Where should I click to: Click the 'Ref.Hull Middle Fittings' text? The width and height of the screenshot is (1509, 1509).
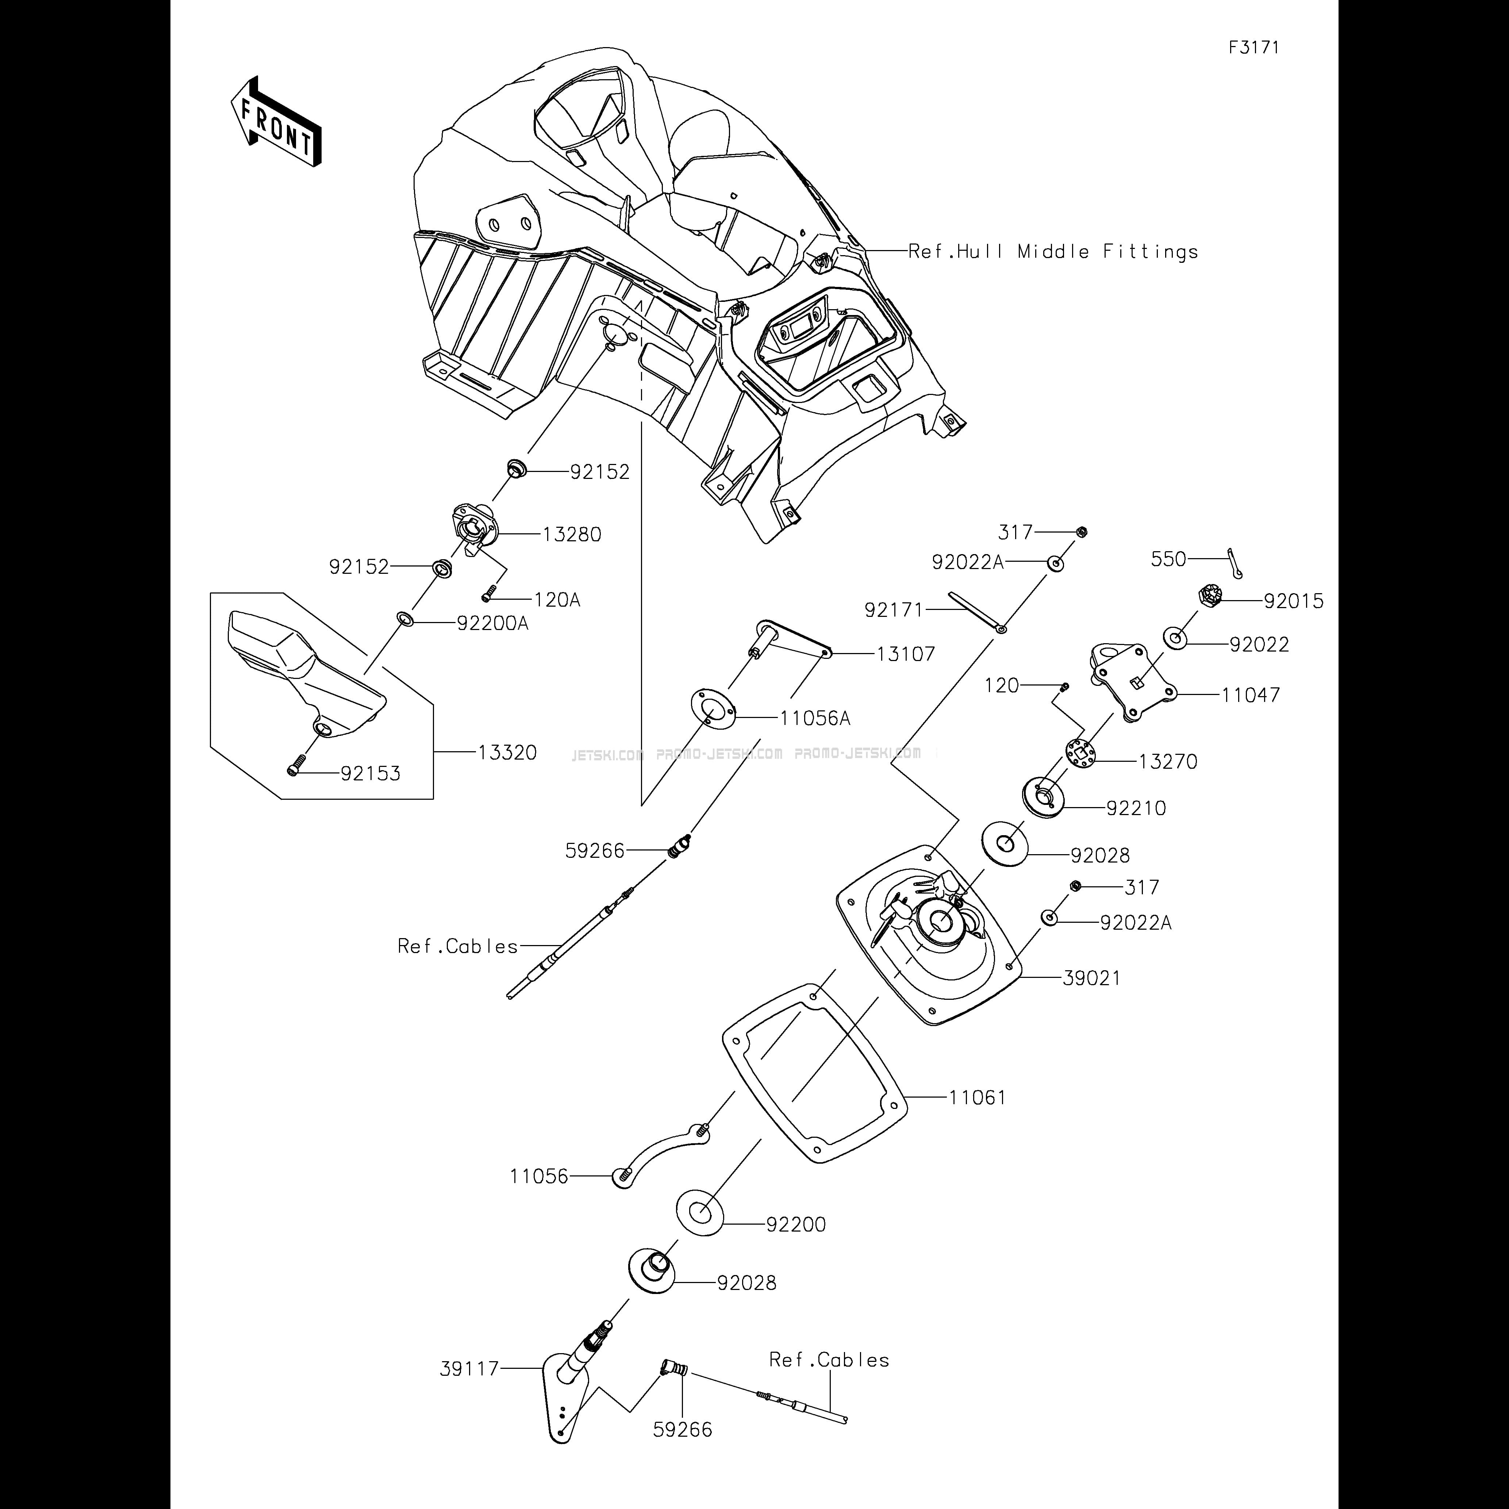[1053, 251]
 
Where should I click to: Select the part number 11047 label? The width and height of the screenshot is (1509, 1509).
[1251, 694]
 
